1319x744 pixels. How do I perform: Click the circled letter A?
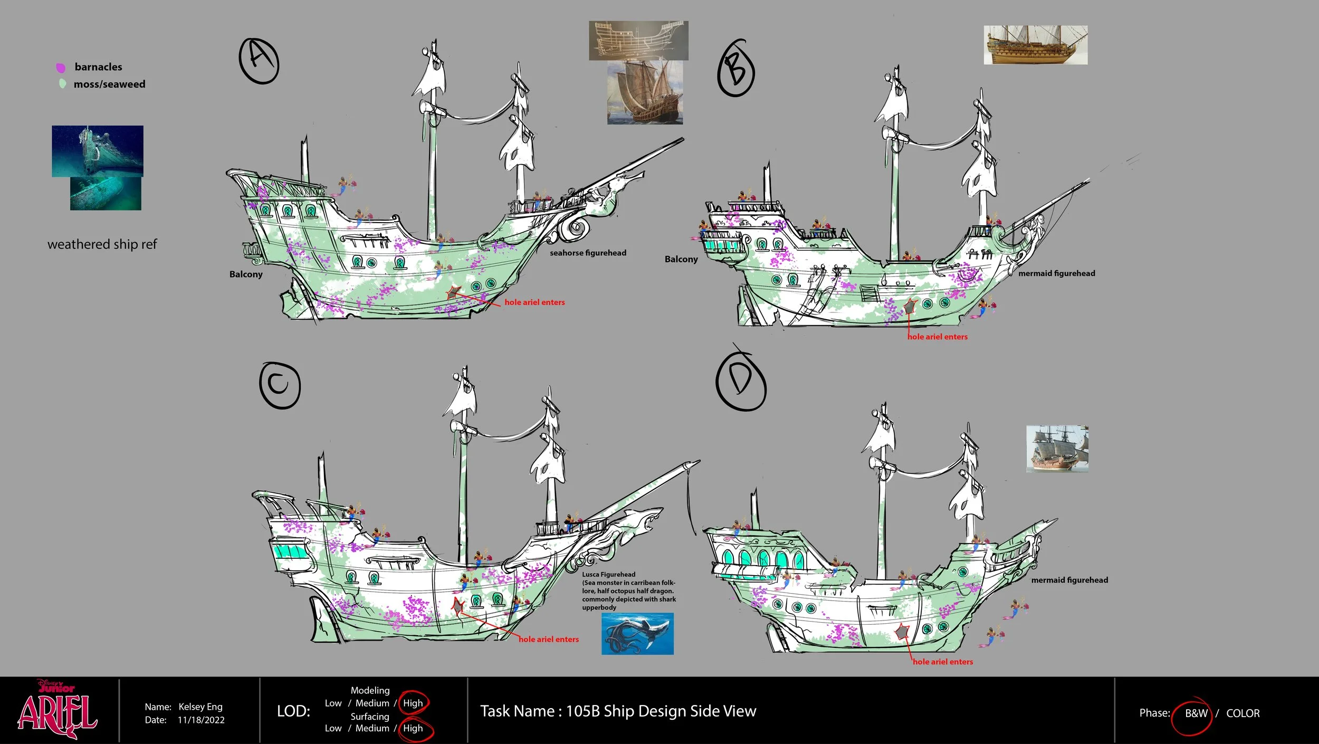[259, 61]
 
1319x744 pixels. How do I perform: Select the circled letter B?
[736, 69]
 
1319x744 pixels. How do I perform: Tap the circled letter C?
[280, 385]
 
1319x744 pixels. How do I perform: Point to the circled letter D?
[741, 381]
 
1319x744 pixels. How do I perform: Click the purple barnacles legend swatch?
[61, 68]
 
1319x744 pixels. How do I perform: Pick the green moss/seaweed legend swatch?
[62, 84]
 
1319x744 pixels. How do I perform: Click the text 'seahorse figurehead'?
[588, 253]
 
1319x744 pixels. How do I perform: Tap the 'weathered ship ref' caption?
[102, 244]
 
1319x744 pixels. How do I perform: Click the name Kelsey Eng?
[200, 707]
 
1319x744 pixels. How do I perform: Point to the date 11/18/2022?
[201, 720]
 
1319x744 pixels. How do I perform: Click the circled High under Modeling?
[413, 703]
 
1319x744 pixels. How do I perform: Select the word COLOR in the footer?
[1242, 713]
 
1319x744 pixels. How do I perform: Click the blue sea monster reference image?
[637, 633]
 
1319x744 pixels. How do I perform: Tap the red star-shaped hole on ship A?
[453, 293]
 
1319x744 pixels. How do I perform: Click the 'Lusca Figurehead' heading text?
[608, 574]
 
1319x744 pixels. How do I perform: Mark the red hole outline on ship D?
[903, 631]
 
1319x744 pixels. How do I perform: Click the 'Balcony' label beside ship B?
[681, 259]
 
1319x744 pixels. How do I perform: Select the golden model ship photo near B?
[1035, 45]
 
